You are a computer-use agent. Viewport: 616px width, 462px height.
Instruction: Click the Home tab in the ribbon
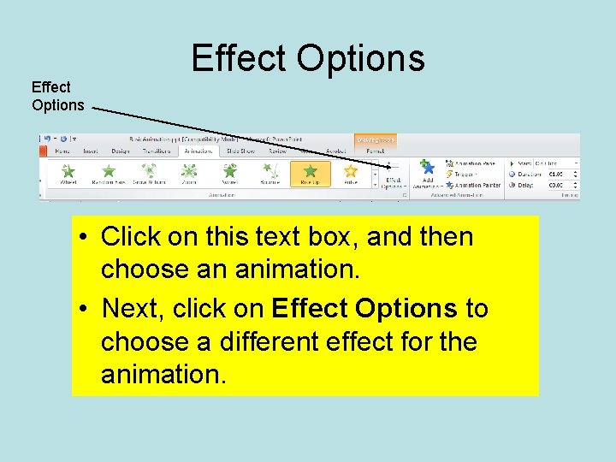pyautogui.click(x=62, y=151)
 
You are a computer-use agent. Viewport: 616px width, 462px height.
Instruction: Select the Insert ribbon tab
pyautogui.click(x=91, y=151)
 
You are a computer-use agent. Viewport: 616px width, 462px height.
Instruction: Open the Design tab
pyautogui.click(x=121, y=151)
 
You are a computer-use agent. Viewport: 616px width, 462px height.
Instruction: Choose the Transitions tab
pyautogui.click(x=157, y=151)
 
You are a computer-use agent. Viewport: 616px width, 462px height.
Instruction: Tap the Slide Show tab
pyautogui.click(x=240, y=151)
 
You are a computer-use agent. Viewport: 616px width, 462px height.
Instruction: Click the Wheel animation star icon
pyautogui.click(x=68, y=171)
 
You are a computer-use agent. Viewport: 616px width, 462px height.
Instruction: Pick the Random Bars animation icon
pyautogui.click(x=109, y=171)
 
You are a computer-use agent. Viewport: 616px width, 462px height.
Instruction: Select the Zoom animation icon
pyautogui.click(x=189, y=171)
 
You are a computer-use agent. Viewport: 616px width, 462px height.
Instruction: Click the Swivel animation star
pyautogui.click(x=229, y=171)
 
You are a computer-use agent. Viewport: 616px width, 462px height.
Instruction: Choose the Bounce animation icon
pyautogui.click(x=269, y=171)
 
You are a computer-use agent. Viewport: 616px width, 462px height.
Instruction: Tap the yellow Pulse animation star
pyautogui.click(x=351, y=171)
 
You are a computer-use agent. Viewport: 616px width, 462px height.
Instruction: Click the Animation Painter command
pyautogui.click(x=477, y=185)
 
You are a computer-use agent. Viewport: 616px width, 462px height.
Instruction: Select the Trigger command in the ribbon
pyautogui.click(x=466, y=174)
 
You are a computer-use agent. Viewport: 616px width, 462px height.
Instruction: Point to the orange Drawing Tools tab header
pyautogui.click(x=376, y=139)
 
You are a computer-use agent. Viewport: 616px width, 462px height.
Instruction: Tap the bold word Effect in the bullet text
pyautogui.click(x=309, y=308)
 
